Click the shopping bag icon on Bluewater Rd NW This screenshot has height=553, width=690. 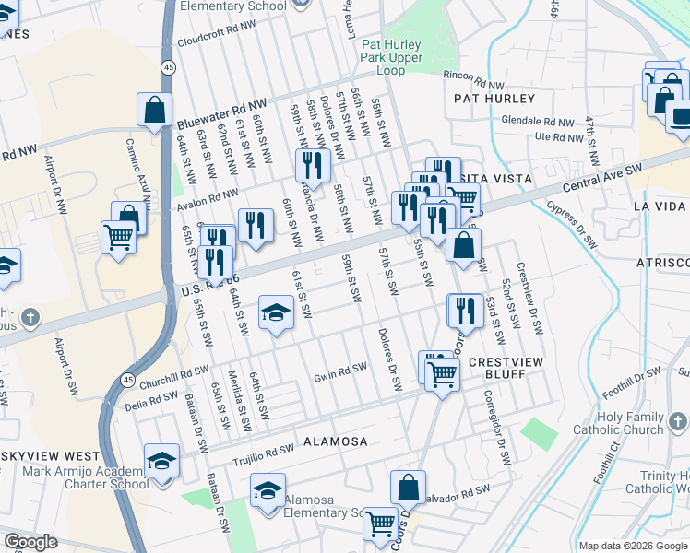154,109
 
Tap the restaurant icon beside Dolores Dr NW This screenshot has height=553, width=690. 313,164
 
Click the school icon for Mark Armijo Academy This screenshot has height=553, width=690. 161,459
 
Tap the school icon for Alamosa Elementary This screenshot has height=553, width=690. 268,490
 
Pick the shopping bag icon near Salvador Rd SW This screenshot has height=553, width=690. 407,488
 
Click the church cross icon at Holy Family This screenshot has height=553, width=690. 678,422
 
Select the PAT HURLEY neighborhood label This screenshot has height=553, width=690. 494,98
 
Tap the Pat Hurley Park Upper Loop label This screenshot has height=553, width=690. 391,57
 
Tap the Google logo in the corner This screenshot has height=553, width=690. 31,542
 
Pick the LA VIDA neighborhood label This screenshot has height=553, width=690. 660,206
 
